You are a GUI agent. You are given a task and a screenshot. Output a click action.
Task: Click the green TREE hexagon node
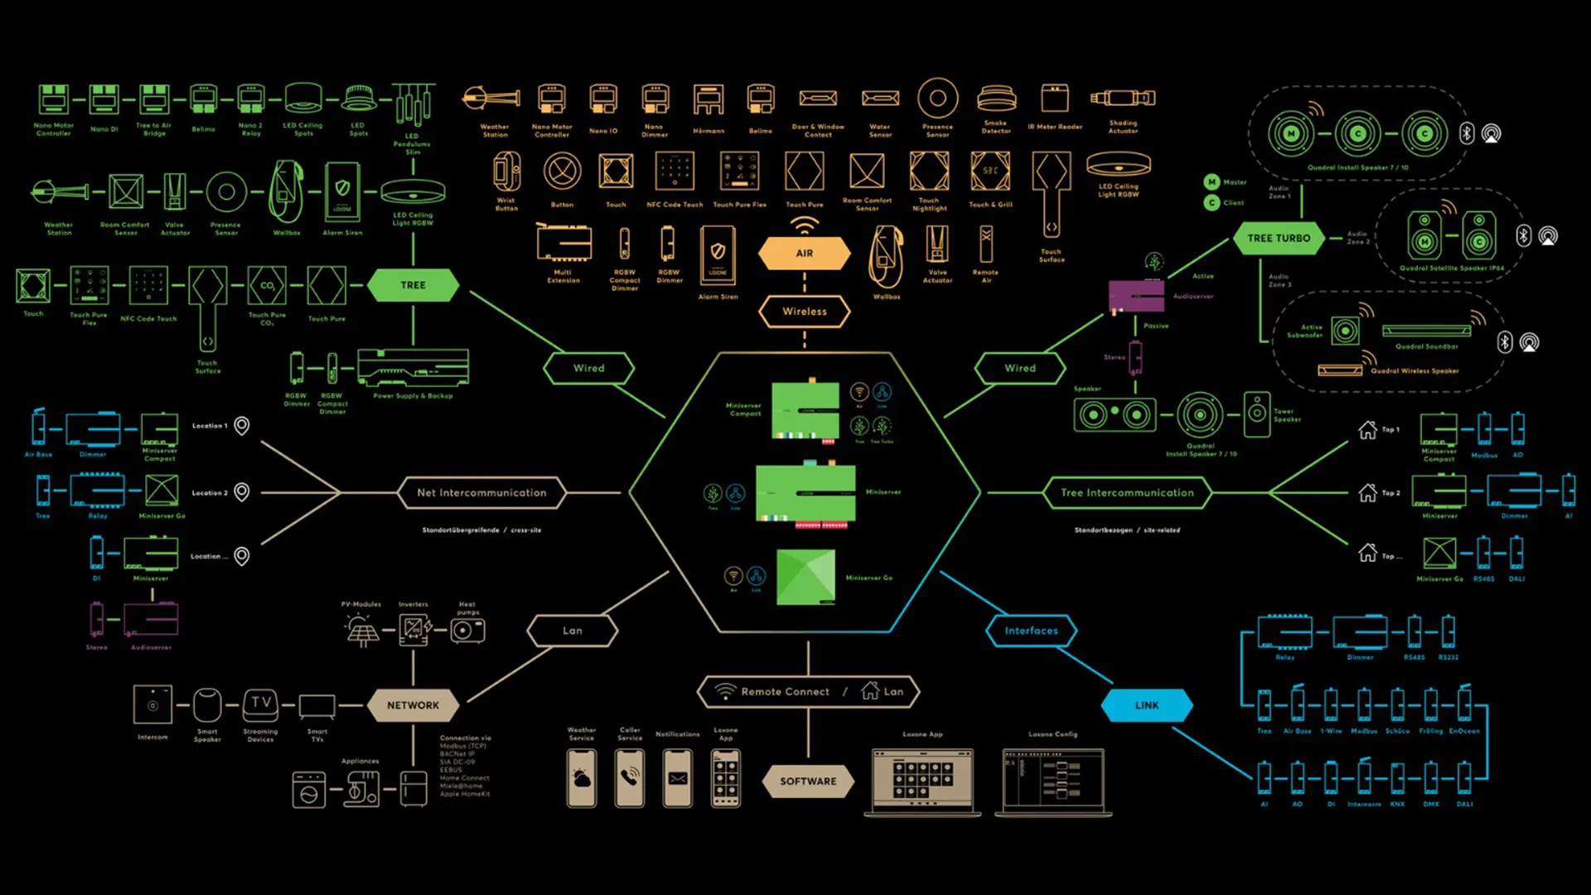(x=413, y=285)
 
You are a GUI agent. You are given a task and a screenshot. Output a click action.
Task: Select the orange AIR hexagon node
(x=805, y=254)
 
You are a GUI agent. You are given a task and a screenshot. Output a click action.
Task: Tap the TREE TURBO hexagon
(x=1279, y=238)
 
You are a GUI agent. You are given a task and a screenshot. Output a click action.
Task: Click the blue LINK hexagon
(x=1147, y=705)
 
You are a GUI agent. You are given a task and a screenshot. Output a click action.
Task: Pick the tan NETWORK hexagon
(x=413, y=705)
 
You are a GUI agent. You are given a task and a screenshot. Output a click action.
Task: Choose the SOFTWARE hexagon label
(x=808, y=781)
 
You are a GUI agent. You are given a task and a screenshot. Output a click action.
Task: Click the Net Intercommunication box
(x=481, y=492)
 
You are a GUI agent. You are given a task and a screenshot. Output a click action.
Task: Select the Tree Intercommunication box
(x=1127, y=492)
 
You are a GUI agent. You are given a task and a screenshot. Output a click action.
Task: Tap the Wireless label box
(x=805, y=312)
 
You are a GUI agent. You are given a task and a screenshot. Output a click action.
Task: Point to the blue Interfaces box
(x=1031, y=631)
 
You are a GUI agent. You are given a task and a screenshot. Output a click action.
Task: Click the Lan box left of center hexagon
(x=573, y=631)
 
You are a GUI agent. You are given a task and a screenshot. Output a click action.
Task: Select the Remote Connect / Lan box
(x=808, y=691)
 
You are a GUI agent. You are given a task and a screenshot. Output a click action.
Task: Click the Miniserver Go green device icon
(x=805, y=577)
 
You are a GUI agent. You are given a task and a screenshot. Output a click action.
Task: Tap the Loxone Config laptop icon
(x=1053, y=781)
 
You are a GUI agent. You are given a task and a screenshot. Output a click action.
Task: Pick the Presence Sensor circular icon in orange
(x=938, y=99)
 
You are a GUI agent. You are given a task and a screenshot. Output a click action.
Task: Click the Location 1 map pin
(x=242, y=426)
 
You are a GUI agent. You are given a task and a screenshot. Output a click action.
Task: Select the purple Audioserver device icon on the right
(x=1136, y=296)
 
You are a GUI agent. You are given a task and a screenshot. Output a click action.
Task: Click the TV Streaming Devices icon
(x=261, y=705)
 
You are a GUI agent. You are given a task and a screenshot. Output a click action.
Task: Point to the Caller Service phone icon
(x=630, y=777)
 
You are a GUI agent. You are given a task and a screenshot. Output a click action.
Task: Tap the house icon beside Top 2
(x=1367, y=493)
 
